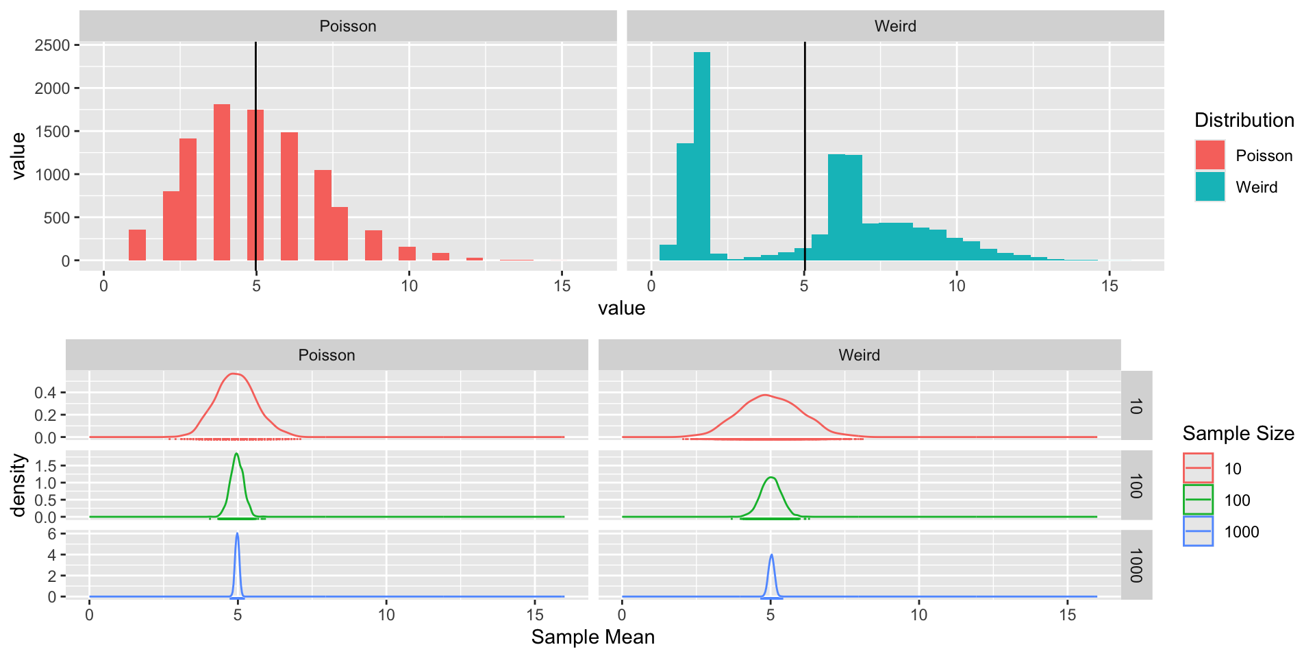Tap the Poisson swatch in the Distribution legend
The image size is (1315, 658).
(x=1210, y=156)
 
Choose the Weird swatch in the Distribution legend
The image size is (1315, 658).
(x=1210, y=187)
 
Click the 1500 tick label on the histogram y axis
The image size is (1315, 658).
(x=52, y=132)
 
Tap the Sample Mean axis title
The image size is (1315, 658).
(x=593, y=637)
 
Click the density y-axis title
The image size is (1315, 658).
(x=18, y=485)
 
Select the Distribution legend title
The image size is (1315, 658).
(x=1244, y=121)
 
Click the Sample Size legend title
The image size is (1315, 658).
(x=1238, y=434)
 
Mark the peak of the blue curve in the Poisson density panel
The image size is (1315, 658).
(x=237, y=534)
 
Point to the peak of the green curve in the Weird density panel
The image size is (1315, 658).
(x=772, y=477)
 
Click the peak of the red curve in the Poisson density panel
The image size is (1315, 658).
(x=234, y=374)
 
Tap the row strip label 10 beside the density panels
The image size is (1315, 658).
(x=1136, y=406)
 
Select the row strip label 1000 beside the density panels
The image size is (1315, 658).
(x=1136, y=565)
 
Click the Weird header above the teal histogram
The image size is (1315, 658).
(x=895, y=26)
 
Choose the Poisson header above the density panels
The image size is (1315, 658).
(x=327, y=355)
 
